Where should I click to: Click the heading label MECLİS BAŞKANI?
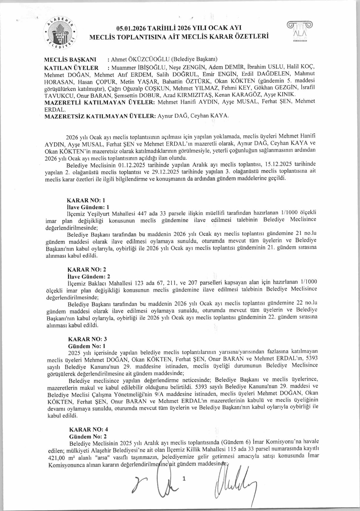(x=70, y=60)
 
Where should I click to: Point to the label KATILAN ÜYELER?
(x=71, y=68)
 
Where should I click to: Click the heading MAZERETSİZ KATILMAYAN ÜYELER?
(x=100, y=116)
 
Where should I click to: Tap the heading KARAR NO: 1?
(x=86, y=200)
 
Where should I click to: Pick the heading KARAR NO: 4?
(x=88, y=429)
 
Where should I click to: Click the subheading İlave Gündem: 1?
(x=88, y=207)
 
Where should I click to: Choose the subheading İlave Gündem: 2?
(x=88, y=276)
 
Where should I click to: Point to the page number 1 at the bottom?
(x=184, y=479)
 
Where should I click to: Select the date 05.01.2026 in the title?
(x=134, y=28)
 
